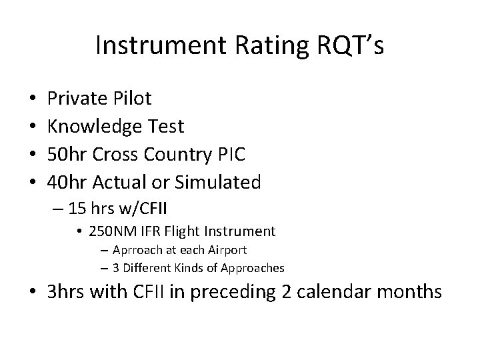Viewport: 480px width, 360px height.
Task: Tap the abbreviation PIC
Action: [x=230, y=154]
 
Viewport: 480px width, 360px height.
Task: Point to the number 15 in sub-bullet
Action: [x=77, y=208]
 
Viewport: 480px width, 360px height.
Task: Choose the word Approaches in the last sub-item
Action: [x=254, y=268]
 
